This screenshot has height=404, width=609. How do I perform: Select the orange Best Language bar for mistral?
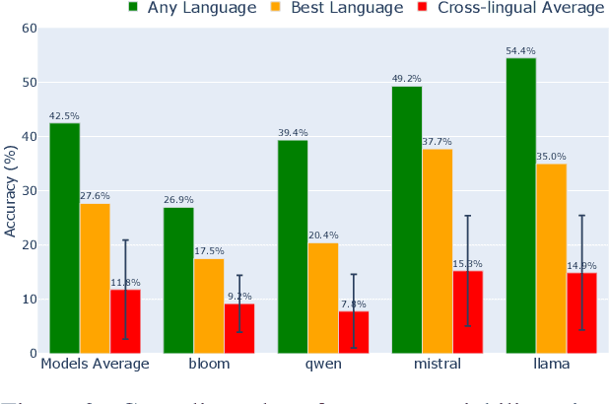[438, 250]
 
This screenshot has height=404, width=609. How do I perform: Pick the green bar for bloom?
[178, 280]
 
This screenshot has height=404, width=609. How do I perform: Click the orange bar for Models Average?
[95, 278]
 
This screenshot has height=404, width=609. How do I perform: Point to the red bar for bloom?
[239, 328]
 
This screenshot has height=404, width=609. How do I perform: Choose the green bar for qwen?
[293, 246]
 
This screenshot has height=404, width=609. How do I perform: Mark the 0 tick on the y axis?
[33, 353]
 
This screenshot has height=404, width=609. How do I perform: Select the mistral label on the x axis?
[438, 365]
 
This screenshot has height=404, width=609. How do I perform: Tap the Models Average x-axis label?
[95, 365]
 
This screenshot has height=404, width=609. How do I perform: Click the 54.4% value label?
[520, 50]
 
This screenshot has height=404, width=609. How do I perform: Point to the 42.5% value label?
[64, 115]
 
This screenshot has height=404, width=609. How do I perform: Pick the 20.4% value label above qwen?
[323, 235]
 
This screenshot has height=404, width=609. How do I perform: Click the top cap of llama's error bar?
[581, 215]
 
